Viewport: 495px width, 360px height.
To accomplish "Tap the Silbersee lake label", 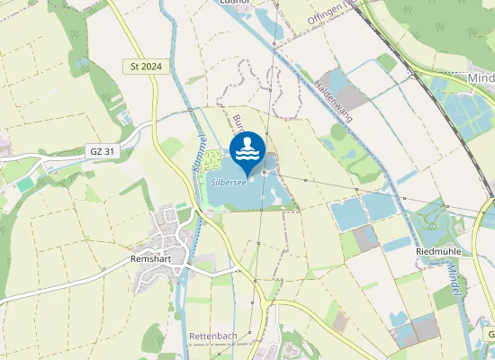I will point(229,181).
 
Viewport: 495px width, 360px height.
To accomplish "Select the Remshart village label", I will point(140,256).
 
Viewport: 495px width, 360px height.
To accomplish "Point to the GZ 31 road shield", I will point(102,151).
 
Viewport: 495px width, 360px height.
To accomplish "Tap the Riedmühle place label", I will point(438,250).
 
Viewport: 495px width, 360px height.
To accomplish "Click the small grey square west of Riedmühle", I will point(364,238).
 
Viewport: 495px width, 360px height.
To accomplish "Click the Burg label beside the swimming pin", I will point(238,122).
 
